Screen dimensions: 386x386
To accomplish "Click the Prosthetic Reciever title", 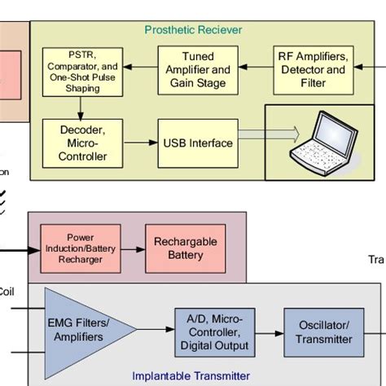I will [193, 30].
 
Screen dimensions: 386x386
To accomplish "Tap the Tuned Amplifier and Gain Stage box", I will [199, 70].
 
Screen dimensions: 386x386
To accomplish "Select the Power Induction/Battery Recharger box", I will [74, 248].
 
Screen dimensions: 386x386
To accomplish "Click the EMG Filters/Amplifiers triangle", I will [81, 330].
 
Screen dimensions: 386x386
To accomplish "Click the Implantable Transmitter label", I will [191, 375].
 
